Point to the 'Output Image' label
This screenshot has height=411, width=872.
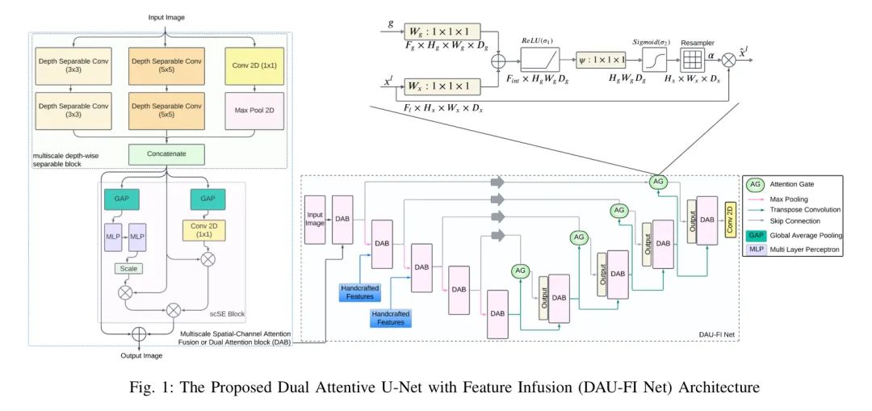137,356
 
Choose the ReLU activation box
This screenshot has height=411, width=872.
539,58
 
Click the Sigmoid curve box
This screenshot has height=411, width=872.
656,58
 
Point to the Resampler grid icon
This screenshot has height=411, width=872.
693,59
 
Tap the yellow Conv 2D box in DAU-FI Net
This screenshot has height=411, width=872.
730,220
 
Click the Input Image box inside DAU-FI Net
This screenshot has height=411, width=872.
314,218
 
